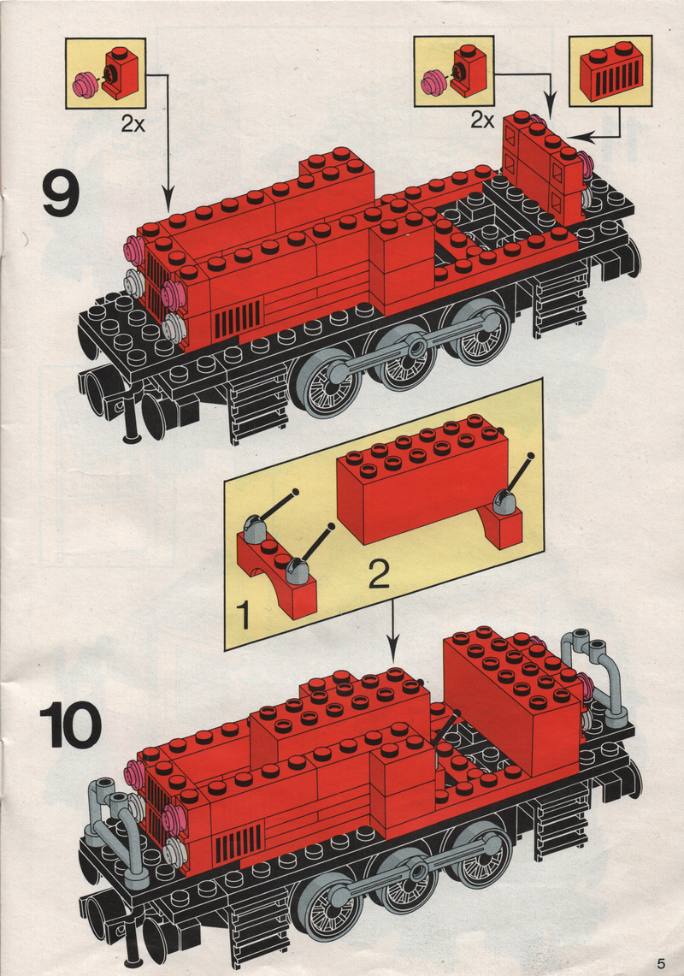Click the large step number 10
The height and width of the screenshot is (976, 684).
pyautogui.click(x=70, y=725)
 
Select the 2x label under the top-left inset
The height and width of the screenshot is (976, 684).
pyautogui.click(x=133, y=124)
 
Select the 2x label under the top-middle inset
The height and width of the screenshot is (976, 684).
pyautogui.click(x=482, y=120)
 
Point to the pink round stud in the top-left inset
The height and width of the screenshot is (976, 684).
pyautogui.click(x=85, y=85)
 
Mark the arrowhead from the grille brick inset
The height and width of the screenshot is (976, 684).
pyautogui.click(x=575, y=136)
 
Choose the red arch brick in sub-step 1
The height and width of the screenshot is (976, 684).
pyautogui.click(x=275, y=575)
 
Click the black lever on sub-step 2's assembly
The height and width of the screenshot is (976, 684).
pyautogui.click(x=518, y=476)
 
